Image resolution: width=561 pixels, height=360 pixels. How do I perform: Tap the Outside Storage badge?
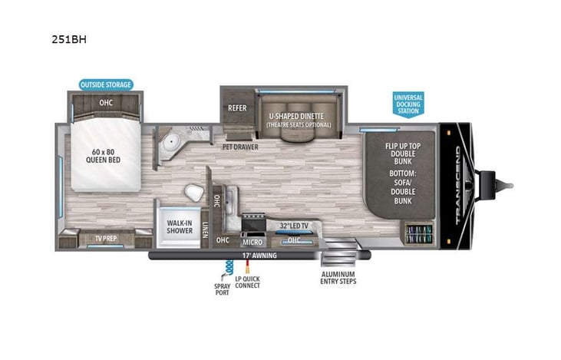(106, 84)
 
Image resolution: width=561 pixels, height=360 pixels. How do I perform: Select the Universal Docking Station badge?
(408, 104)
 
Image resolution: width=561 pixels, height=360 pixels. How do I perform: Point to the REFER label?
(237, 108)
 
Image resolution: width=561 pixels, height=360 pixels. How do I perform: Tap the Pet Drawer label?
(240, 146)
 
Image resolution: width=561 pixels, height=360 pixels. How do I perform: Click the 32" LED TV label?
(294, 226)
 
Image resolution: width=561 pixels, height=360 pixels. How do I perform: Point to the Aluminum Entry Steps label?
(338, 277)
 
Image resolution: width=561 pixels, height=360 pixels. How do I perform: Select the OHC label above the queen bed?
(106, 102)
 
